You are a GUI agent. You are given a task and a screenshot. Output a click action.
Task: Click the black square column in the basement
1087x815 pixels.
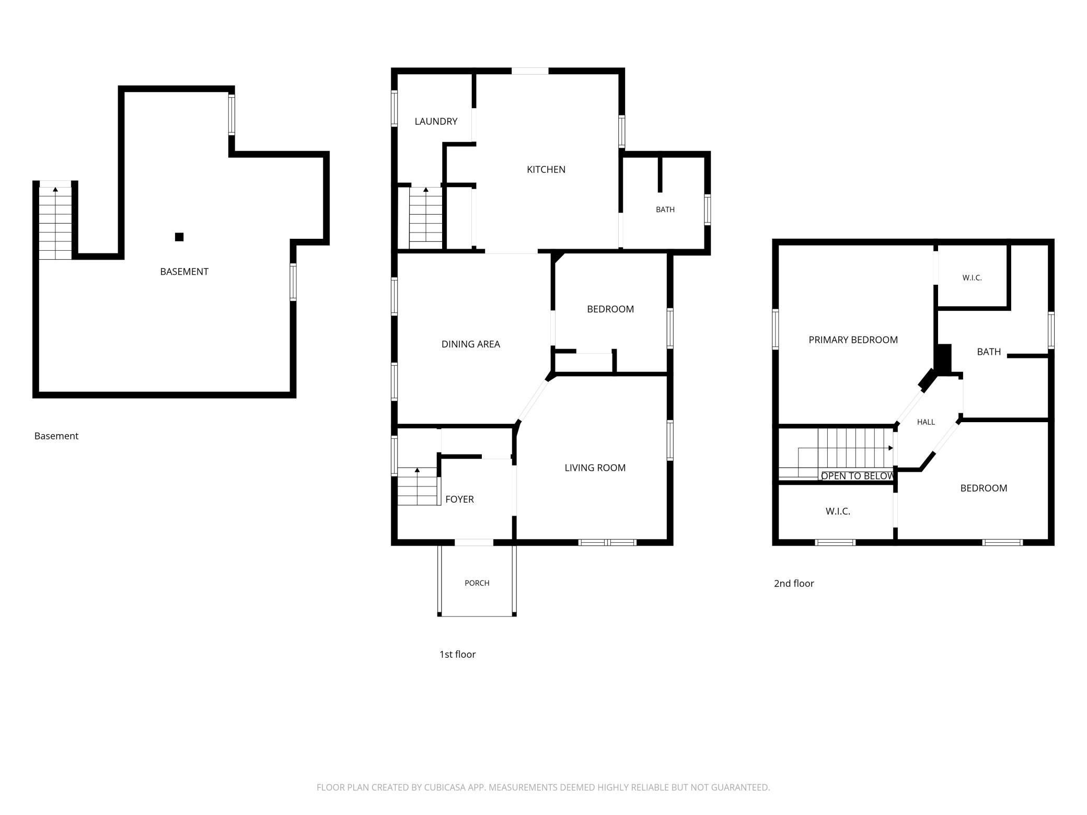pos(179,237)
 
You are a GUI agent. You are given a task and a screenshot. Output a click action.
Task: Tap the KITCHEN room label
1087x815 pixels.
pos(546,169)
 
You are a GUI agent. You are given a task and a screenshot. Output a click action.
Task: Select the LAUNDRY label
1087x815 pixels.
pos(436,121)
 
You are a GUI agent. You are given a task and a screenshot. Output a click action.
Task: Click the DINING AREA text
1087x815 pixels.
pos(471,344)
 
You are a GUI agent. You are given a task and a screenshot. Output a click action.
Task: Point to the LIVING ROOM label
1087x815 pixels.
pos(595,468)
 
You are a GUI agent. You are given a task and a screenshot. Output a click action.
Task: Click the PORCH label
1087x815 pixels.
pos(477,583)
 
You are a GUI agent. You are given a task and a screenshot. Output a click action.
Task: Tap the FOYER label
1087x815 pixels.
pos(460,499)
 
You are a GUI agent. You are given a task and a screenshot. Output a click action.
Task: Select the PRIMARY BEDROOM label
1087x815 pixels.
pos(853,340)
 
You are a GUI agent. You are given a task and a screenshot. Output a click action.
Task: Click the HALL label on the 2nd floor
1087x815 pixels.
pos(926,422)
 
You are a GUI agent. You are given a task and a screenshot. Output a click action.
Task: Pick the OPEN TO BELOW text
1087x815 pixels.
pos(858,476)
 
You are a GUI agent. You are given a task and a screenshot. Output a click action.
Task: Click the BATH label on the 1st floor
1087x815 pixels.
pos(665,209)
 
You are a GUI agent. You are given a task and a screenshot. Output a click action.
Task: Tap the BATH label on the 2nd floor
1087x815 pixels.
pos(989,352)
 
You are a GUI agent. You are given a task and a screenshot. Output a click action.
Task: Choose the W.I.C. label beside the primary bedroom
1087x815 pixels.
pos(972,278)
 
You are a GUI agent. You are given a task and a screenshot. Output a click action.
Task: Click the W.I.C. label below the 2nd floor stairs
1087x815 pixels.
pos(838,511)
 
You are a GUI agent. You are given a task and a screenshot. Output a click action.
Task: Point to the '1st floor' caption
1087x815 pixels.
pos(457,655)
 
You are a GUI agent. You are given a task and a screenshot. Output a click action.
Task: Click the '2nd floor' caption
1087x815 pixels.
pos(794,584)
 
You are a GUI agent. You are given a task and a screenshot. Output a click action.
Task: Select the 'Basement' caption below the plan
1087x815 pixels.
pos(56,436)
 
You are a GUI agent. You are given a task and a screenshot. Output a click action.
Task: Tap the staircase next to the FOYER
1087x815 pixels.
pos(418,486)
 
